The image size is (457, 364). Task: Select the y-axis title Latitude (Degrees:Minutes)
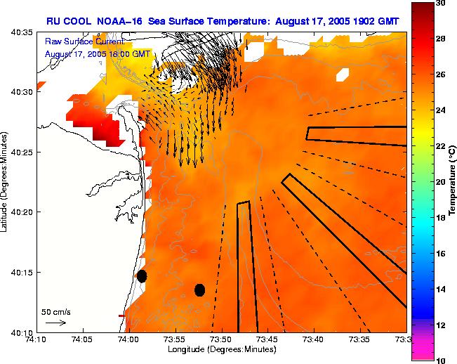click(6, 182)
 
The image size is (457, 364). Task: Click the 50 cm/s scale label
click(55, 311)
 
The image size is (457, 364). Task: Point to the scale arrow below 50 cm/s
click(55, 323)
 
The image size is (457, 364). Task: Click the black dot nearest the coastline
click(142, 276)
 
